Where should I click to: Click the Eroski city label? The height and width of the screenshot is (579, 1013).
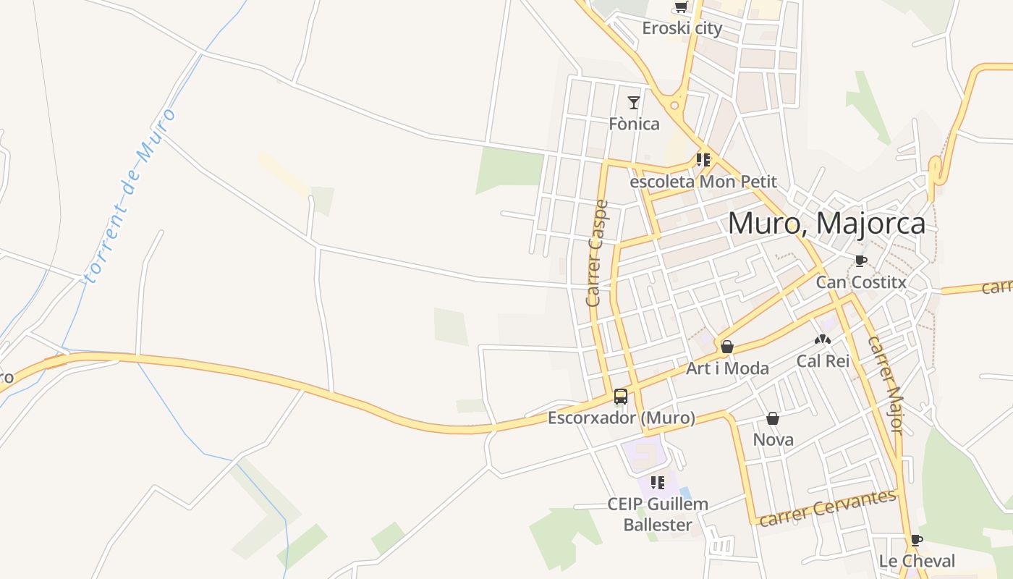[682, 28]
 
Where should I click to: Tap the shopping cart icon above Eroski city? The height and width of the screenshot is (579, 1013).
[680, 7]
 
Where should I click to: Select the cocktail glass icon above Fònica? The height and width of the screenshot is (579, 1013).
[634, 103]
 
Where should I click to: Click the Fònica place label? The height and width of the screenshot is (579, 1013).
[634, 124]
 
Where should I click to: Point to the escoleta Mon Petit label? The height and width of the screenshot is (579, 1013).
[703, 182]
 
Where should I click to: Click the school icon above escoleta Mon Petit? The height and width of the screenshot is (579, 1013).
[703, 160]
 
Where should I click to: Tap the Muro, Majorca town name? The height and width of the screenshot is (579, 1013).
[826, 223]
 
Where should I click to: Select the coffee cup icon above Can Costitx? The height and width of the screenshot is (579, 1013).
[860, 261]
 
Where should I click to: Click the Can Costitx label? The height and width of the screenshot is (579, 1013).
[861, 282]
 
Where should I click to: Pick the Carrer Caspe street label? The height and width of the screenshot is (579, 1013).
[598, 253]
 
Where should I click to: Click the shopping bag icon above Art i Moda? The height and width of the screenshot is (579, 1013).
[727, 347]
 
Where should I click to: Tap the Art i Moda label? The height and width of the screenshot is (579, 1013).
[727, 368]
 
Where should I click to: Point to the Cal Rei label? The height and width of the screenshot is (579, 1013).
[823, 360]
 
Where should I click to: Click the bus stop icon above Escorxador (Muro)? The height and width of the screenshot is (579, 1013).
[621, 396]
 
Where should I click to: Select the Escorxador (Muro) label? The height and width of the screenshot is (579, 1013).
[621, 418]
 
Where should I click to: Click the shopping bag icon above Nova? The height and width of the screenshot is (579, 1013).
[773, 418]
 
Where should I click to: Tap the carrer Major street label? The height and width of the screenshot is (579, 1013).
[886, 384]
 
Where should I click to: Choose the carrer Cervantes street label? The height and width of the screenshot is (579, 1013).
[828, 507]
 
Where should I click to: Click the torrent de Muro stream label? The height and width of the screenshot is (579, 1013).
[131, 195]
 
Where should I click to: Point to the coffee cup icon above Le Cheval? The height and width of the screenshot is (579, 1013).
[916, 540]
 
